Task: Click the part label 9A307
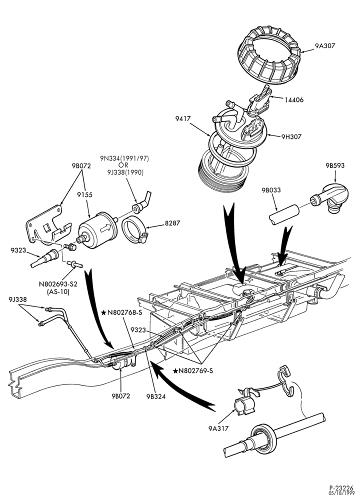pos(325,45)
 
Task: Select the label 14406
pos(294,100)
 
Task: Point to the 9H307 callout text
pos(291,137)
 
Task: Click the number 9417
pos(182,118)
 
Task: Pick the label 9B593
pos(335,165)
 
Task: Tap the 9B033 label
pos(271,190)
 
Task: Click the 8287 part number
pos(172,223)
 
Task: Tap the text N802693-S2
pos(58,283)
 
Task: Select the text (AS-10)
pos(58,291)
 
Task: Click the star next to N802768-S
pos(103,313)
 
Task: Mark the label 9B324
pos(156,396)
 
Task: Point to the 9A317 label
pos(218,428)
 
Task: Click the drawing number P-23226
pos(341,488)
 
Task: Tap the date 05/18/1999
pos(341,493)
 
